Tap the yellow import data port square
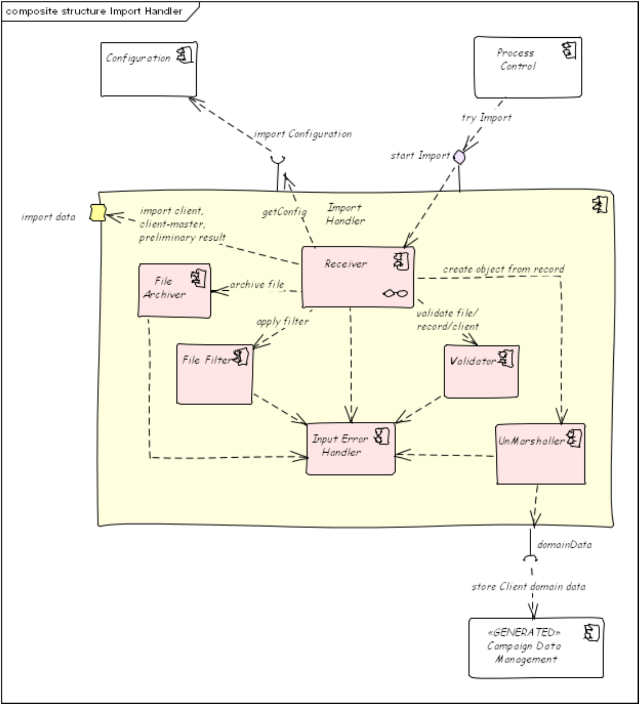tap(98, 212)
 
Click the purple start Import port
tap(460, 157)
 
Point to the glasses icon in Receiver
tap(395, 293)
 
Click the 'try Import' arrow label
tap(486, 118)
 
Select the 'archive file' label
tap(257, 285)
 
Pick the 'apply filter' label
tap(282, 322)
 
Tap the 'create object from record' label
tap(504, 269)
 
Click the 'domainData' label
tap(565, 545)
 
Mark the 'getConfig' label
tap(284, 212)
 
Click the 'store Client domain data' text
tap(529, 586)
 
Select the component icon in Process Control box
tap(569, 50)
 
